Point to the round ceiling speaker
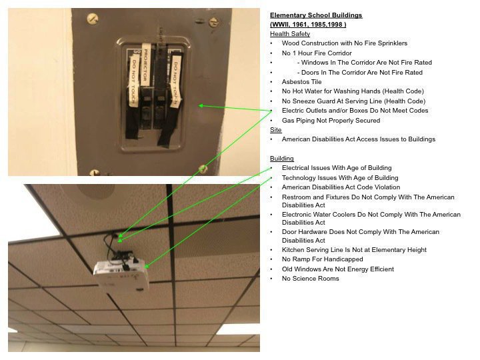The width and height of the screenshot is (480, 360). point(100,194)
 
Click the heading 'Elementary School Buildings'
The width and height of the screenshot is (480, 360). point(316,15)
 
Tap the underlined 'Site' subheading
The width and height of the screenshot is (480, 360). point(275,130)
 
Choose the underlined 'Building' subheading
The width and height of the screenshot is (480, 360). point(281,159)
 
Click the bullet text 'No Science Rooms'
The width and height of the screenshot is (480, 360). point(310,279)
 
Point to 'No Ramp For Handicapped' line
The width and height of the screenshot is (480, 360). point(322,259)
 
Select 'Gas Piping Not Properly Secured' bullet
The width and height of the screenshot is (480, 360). point(331,121)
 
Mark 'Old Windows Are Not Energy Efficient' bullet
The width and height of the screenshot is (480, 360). point(337,269)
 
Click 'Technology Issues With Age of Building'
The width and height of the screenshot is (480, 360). point(339,178)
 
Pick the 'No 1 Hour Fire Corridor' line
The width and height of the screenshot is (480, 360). point(317,53)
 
